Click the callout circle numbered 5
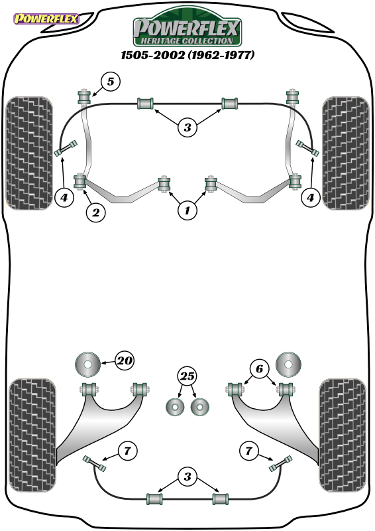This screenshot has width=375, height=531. [111, 81]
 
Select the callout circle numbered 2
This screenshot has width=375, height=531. [95, 212]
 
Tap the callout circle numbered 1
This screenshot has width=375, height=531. [187, 210]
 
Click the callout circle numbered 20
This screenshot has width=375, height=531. [125, 360]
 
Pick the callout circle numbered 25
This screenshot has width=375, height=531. [187, 376]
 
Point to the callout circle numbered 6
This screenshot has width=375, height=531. [259, 368]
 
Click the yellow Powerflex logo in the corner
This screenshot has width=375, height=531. [46, 19]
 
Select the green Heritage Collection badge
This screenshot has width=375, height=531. [187, 28]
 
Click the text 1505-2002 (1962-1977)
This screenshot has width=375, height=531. [187, 55]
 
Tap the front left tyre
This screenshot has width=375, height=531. [29, 153]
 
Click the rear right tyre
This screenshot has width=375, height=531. [343, 435]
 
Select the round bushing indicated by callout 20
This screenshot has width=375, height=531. [87, 364]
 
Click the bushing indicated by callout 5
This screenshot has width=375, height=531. [83, 97]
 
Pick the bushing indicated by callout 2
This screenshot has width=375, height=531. [80, 182]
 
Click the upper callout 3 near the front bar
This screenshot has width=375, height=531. [187, 127]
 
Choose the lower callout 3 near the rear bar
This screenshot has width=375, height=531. [187, 477]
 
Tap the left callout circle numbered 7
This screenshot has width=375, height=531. [127, 451]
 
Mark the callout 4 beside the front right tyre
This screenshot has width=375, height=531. [311, 197]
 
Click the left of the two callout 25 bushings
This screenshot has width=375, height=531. [175, 407]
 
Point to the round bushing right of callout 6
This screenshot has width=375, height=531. [288, 364]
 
